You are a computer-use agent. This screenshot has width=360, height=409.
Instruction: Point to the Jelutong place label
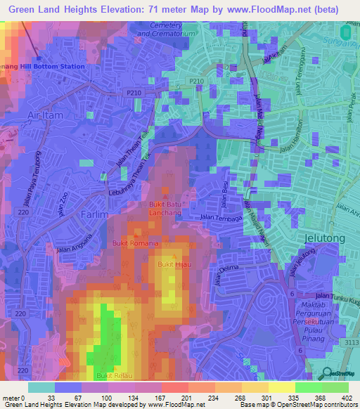pyautogui.click(x=325, y=238)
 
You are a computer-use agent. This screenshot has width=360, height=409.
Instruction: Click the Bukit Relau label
pyautogui.click(x=114, y=376)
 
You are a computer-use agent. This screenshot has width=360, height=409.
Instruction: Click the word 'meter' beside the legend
pyautogui.click(x=11, y=398)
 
